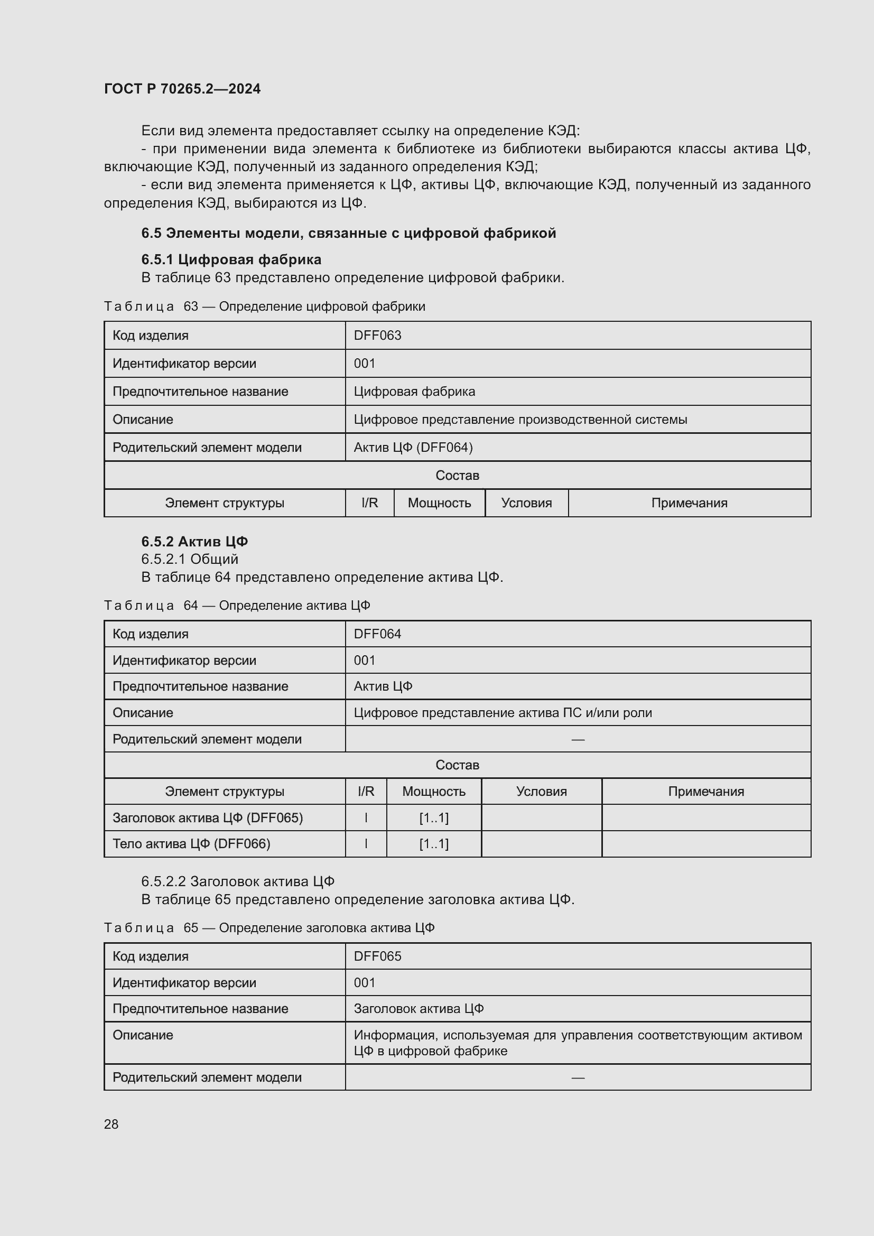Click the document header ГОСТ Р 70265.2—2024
pos(182,89)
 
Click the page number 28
pos(111,1124)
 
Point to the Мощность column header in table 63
pos(439,503)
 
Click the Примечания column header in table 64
pos(705,792)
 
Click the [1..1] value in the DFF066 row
pos(434,843)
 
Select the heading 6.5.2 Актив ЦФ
pos(194,541)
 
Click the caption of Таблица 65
pos(269,927)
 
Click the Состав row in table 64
pos(457,765)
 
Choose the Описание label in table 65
pos(143,1035)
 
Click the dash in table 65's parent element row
pos(578,1077)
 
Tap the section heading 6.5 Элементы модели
pos(348,233)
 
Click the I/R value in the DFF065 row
pos(366,817)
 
